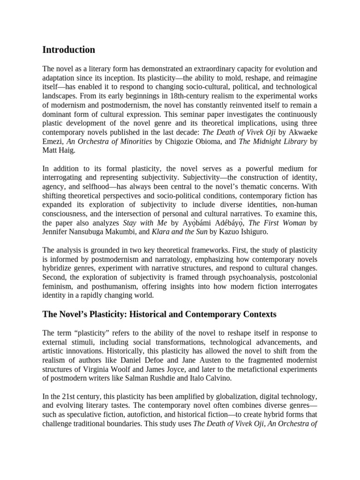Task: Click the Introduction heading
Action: [x=68, y=50]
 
